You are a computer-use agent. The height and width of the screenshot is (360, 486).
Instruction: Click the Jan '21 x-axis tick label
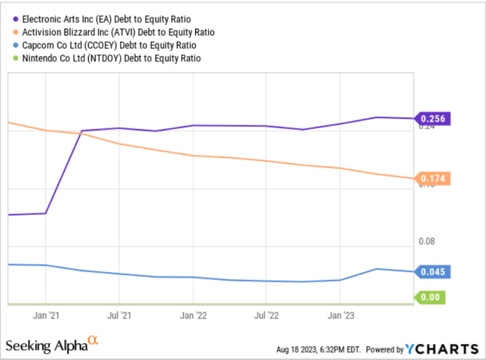[x=46, y=313]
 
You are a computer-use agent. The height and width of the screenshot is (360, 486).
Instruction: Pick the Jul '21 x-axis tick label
[x=119, y=313]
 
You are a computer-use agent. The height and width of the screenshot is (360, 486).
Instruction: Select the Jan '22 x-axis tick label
[x=194, y=313]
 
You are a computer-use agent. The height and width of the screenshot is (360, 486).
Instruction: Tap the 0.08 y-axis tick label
[x=428, y=242]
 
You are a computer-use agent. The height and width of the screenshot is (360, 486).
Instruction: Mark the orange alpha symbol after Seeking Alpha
[x=94, y=340]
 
